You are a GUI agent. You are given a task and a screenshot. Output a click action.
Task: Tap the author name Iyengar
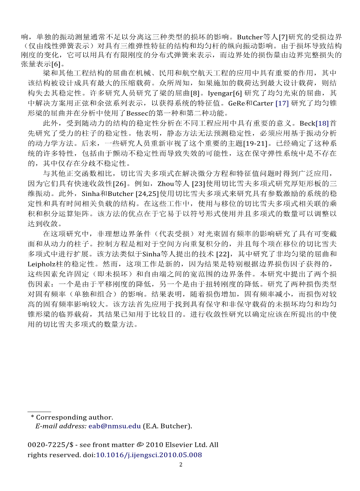[222, 93]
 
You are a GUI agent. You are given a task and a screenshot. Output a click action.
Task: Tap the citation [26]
[119, 184]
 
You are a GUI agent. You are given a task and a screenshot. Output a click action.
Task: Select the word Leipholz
[42, 264]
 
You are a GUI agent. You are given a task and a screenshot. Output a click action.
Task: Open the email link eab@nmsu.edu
[114, 426]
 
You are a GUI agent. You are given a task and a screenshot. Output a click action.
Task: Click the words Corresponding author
[74, 417]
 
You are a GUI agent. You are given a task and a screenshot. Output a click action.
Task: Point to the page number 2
[180, 464]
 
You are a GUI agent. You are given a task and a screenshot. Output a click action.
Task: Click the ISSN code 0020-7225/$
[49, 445]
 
